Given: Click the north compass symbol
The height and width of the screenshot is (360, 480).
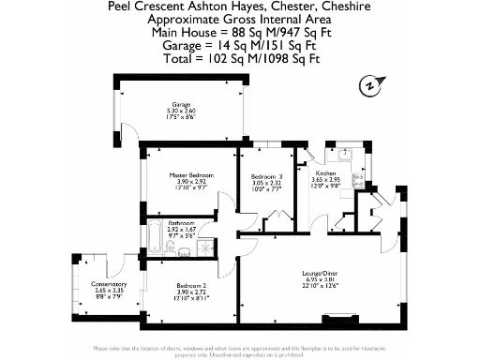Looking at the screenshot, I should click(371, 85).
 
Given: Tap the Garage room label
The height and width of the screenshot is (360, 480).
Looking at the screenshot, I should click(181, 104).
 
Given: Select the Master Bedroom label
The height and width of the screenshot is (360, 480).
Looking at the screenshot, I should click(191, 174).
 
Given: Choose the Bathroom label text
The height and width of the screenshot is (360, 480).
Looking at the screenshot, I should click(180, 223).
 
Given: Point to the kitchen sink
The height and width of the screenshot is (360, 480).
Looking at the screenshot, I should click(343, 154).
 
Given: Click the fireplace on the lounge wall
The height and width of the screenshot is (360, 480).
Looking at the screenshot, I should click(330, 314).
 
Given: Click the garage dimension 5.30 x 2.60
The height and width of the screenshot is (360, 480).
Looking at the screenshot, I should click(181, 111).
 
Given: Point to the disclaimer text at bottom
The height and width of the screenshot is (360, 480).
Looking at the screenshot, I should click(240, 350).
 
